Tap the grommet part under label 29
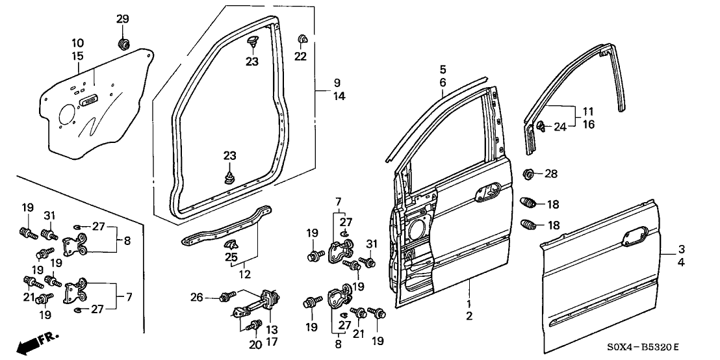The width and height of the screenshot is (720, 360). point(123,44)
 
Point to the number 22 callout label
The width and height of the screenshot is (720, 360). point(300,57)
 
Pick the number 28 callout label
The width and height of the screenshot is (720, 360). point(551,174)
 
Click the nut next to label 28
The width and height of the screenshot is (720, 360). point(529,174)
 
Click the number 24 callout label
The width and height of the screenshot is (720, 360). point(560,127)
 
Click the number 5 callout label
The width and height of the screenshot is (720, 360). point(442,69)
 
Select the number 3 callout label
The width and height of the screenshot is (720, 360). point(681,249)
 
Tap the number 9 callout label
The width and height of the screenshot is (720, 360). point(337,83)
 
